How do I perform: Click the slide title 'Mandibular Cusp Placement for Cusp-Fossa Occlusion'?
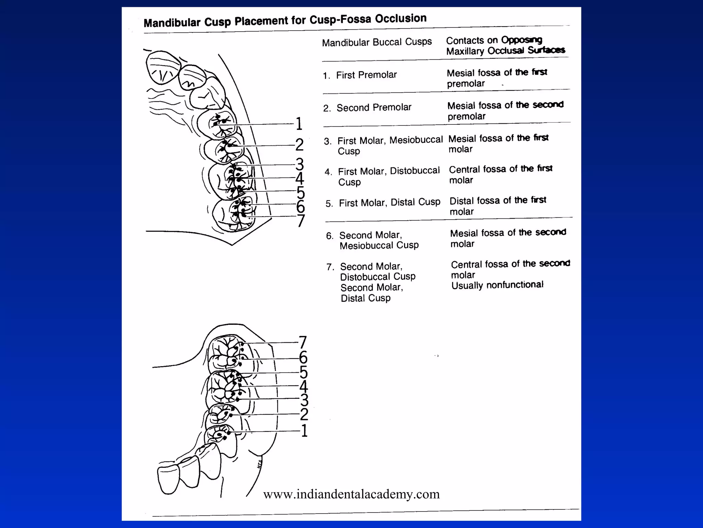pos(285,21)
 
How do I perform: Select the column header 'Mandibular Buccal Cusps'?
pos(377,42)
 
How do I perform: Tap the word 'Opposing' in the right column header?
pos(521,40)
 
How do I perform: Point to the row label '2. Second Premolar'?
pos(367,108)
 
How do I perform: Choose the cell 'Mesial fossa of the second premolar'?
pos(505,110)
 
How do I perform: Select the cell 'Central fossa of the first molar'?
pos(500,174)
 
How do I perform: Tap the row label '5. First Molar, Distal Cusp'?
pos(383,203)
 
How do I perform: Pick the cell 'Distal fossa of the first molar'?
pos(497,206)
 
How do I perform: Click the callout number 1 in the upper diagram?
pos(299,124)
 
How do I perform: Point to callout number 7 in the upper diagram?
pos(301,221)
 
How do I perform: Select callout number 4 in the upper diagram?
pos(300,179)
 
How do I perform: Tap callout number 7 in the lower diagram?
pos(303,343)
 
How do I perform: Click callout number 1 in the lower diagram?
pos(304,431)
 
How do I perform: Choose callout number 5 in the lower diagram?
pos(303,372)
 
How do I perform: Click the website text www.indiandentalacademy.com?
pos(351,494)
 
